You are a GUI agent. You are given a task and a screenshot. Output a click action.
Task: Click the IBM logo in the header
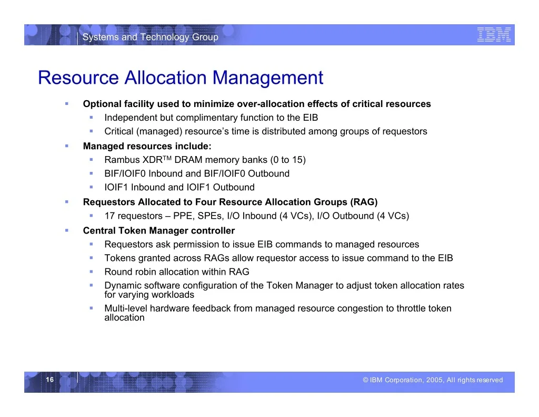494,35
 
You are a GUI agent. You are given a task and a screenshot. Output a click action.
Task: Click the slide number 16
50,380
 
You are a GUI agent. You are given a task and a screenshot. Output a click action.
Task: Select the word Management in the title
268,78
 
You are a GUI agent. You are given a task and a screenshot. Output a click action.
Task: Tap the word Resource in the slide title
78,77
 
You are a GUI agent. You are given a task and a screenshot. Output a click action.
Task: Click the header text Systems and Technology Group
150,37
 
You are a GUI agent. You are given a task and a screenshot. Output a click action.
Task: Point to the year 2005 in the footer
434,380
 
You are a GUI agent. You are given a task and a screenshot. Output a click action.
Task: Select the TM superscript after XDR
167,158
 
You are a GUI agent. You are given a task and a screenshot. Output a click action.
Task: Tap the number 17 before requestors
109,216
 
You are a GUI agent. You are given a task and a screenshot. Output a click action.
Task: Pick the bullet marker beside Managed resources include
67,146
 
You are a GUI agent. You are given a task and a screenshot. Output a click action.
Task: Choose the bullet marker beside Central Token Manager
67,230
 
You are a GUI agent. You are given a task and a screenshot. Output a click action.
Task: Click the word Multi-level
126,308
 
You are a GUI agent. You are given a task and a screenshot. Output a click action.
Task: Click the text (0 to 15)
288,160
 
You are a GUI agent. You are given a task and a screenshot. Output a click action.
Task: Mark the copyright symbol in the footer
365,380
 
